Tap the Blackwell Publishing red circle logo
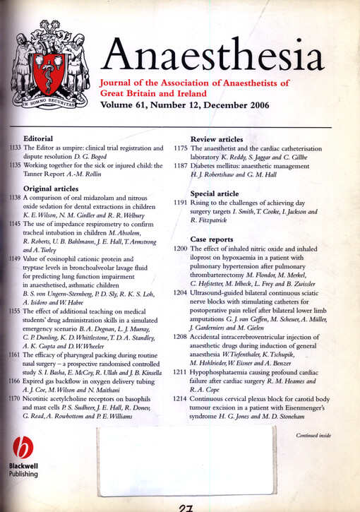coord(25,448)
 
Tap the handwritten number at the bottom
coord(187,506)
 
